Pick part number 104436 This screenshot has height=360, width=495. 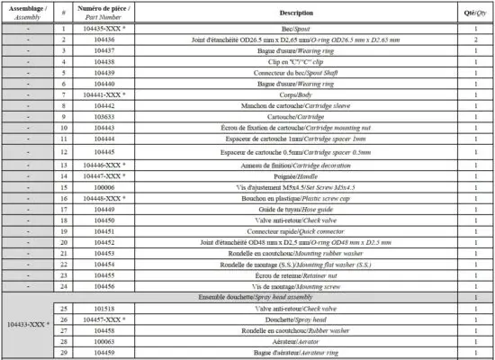pos(104,40)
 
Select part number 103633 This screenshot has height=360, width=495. pos(104,116)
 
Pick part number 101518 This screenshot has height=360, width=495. pos(104,308)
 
